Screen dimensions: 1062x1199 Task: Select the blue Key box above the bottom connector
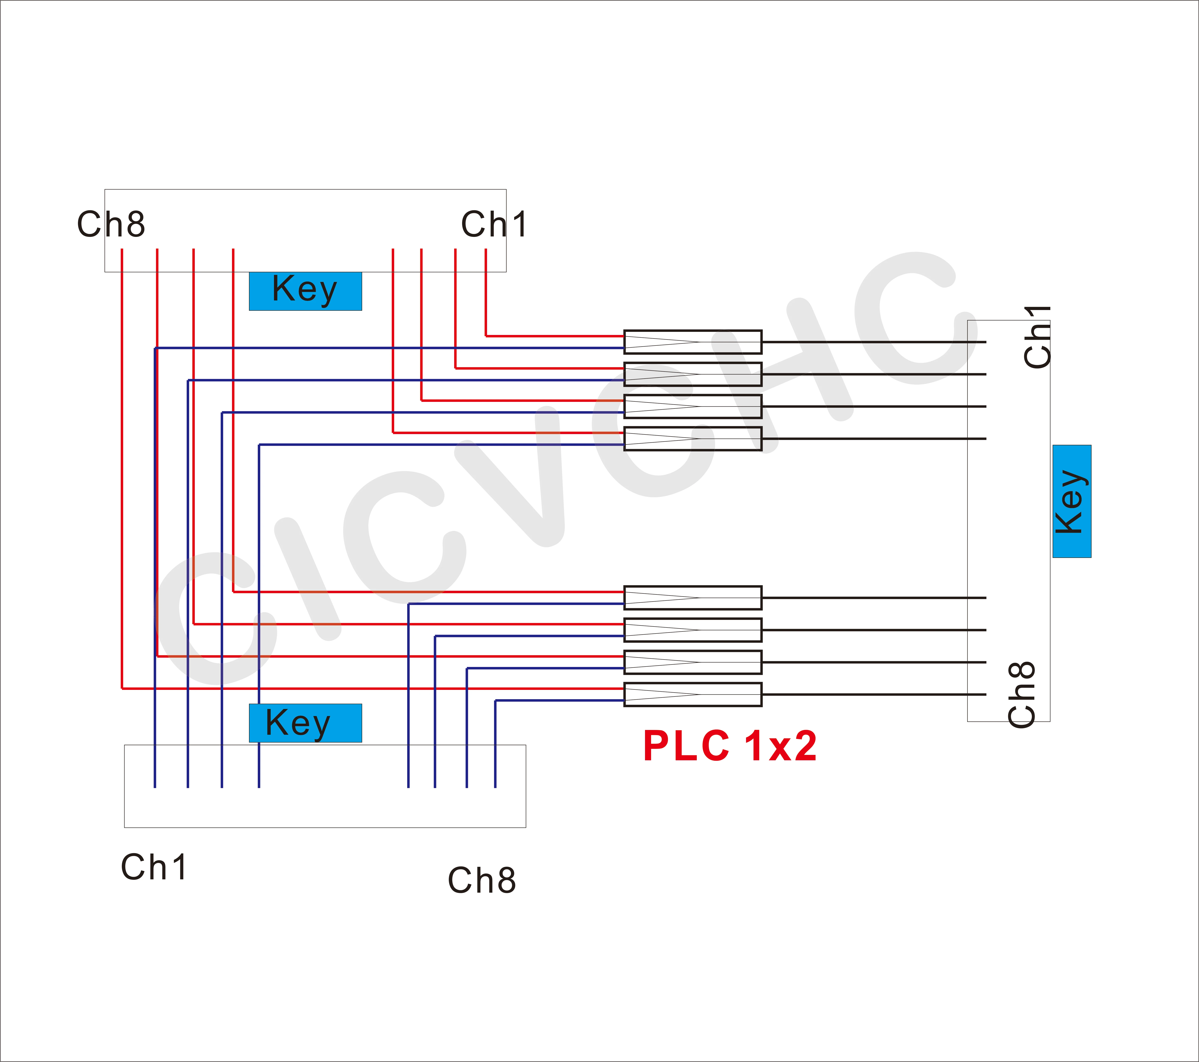(305, 723)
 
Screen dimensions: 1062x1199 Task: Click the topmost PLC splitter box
(692, 342)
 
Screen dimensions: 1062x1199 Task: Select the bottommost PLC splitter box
(692, 694)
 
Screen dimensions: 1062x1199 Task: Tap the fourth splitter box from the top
(692, 439)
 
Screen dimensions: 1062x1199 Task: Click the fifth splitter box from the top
(692, 598)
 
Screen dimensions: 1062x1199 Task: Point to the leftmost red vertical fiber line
(121, 469)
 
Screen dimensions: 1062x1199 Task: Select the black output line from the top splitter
(874, 342)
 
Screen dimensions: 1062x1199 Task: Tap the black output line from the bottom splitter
(874, 694)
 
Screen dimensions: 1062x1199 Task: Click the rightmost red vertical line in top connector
(486, 293)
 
